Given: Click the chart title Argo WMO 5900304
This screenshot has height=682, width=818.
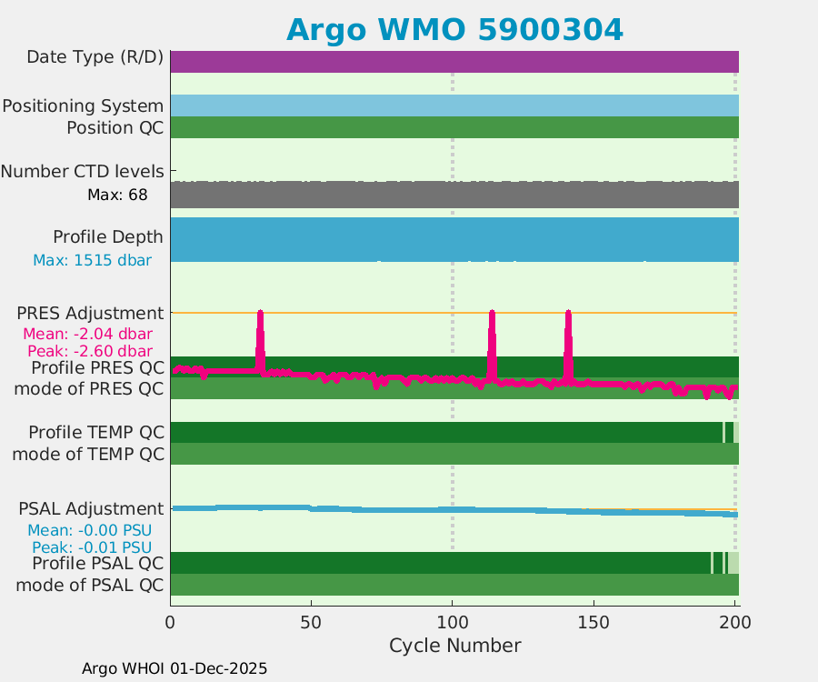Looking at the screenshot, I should [454, 30].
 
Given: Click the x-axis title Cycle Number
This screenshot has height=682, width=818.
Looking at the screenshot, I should [454, 646].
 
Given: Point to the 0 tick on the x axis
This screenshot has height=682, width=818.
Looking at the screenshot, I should [170, 623].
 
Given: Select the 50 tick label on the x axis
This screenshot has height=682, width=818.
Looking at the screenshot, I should [311, 623].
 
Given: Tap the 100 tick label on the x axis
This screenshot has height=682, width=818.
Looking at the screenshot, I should [453, 623].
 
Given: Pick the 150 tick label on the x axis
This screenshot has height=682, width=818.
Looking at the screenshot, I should [594, 623].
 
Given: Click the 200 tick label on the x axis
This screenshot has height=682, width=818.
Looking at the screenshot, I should [734, 623].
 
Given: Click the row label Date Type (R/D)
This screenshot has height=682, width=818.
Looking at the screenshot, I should [95, 57].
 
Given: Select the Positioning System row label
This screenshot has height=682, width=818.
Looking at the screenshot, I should [83, 105].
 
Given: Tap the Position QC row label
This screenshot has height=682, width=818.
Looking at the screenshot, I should [115, 127].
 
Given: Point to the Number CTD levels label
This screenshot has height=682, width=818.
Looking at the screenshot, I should [83, 171].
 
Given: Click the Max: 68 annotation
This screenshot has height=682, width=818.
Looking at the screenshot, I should [117, 195].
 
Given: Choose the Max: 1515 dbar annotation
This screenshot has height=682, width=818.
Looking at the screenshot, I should [92, 260].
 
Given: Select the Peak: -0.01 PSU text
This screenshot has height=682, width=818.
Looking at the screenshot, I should [92, 547].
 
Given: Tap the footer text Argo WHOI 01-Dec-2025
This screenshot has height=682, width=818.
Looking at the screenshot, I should [175, 668].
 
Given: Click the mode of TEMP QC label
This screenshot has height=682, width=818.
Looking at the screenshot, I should [88, 454].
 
